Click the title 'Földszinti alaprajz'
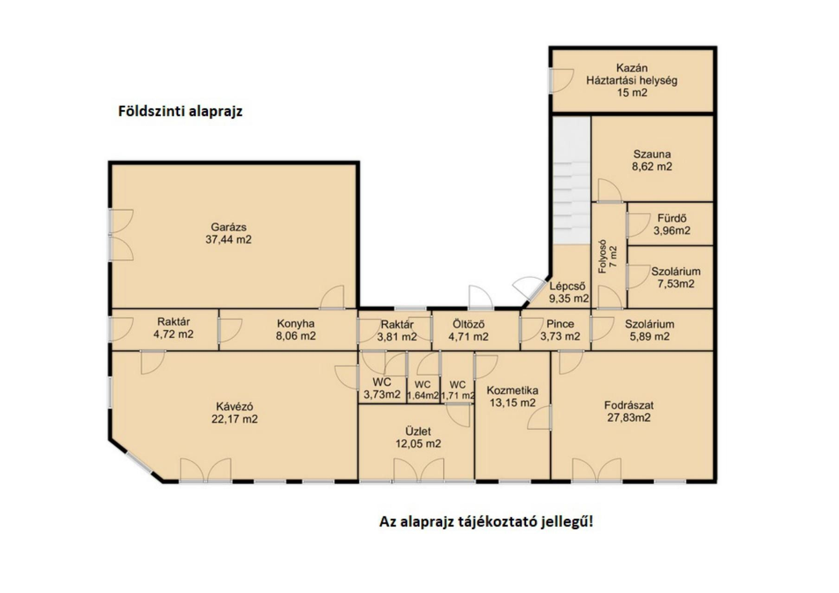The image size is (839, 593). [x=180, y=112]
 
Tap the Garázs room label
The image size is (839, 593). [x=229, y=227]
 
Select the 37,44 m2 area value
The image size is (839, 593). [x=229, y=240]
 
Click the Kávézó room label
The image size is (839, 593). [x=235, y=406]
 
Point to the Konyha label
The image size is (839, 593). [x=296, y=323]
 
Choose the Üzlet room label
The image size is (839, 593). [x=418, y=431]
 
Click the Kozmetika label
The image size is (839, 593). [x=512, y=391]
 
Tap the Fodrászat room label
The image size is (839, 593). [x=629, y=405]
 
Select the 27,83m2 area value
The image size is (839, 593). [x=629, y=418]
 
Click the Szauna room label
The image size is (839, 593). [x=652, y=154]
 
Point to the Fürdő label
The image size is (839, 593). [x=672, y=218]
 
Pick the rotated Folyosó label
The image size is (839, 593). [x=602, y=257]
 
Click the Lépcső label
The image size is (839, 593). [x=567, y=286]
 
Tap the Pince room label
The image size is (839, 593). [x=560, y=324]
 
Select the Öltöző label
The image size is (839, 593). [x=468, y=324]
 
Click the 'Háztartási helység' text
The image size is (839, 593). [x=632, y=80]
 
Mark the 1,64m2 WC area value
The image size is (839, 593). [x=423, y=396]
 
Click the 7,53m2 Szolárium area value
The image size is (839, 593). [x=676, y=284]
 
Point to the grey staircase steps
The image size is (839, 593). [x=571, y=180]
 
